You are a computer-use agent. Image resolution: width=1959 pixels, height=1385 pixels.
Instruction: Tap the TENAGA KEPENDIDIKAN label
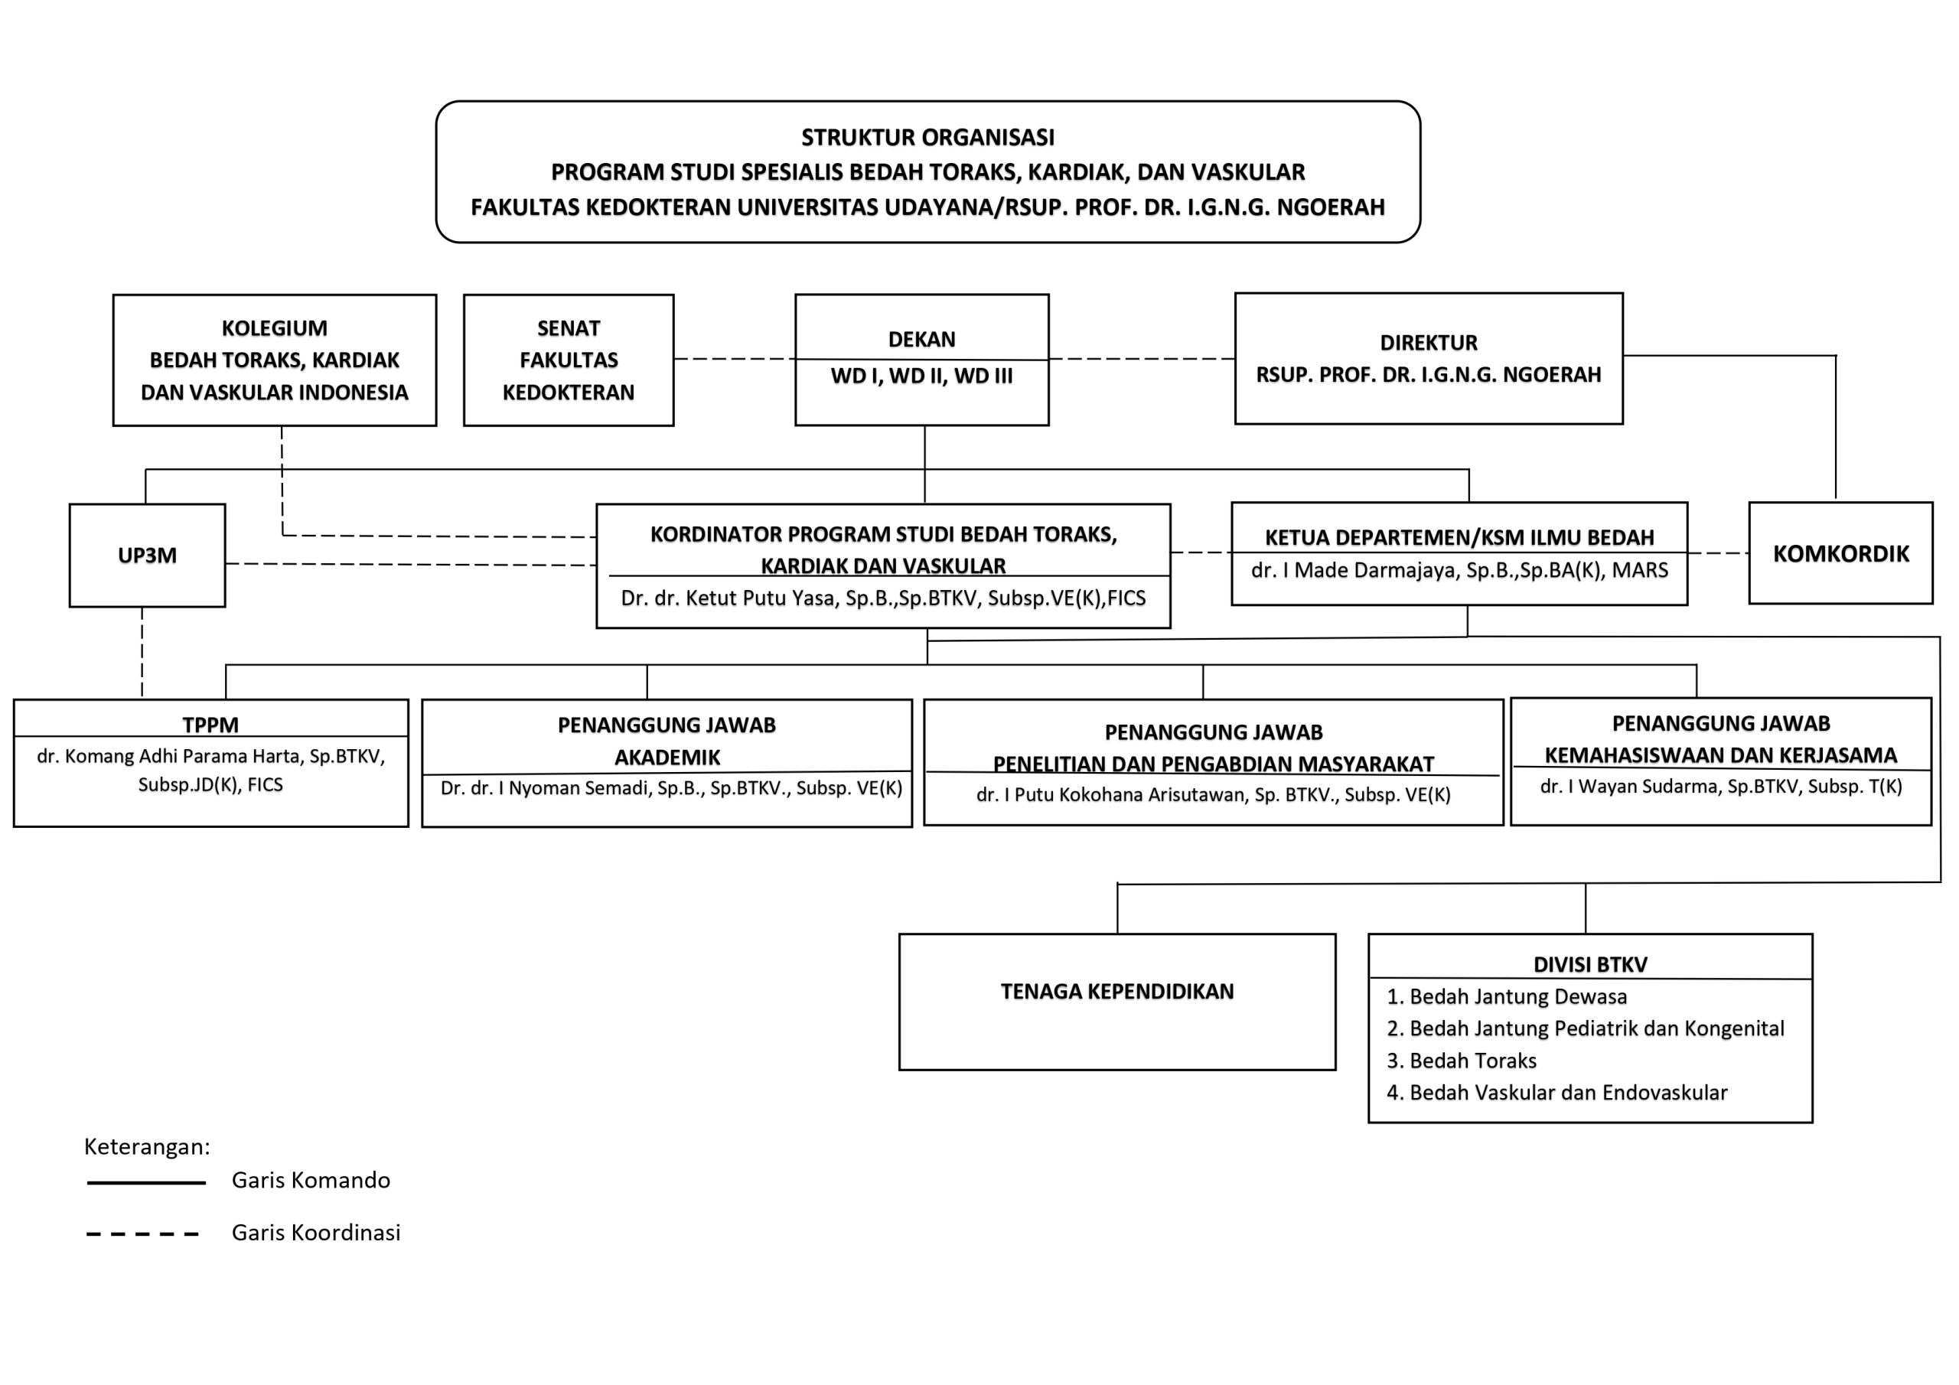coord(1117,992)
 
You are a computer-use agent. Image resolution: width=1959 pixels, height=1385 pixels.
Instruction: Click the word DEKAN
coord(921,340)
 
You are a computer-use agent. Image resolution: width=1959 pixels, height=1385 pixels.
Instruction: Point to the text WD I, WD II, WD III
coord(921,376)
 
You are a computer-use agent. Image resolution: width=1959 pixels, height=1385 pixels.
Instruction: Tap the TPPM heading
coord(210,725)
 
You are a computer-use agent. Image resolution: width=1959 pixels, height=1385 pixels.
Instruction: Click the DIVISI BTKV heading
coord(1590,964)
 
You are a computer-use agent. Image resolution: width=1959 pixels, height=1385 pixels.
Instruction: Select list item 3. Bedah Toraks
coord(1462,1061)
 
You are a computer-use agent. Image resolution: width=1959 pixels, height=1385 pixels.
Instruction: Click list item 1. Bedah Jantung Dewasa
coord(1507,997)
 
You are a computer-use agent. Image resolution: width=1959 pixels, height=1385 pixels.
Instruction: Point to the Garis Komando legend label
coord(311,1180)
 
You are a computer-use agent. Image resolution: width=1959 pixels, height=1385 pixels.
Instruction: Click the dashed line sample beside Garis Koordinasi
coord(142,1234)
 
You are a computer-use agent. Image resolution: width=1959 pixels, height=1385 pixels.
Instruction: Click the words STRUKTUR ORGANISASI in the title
coord(927,138)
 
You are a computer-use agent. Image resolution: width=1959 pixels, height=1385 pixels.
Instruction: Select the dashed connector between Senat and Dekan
coord(735,360)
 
